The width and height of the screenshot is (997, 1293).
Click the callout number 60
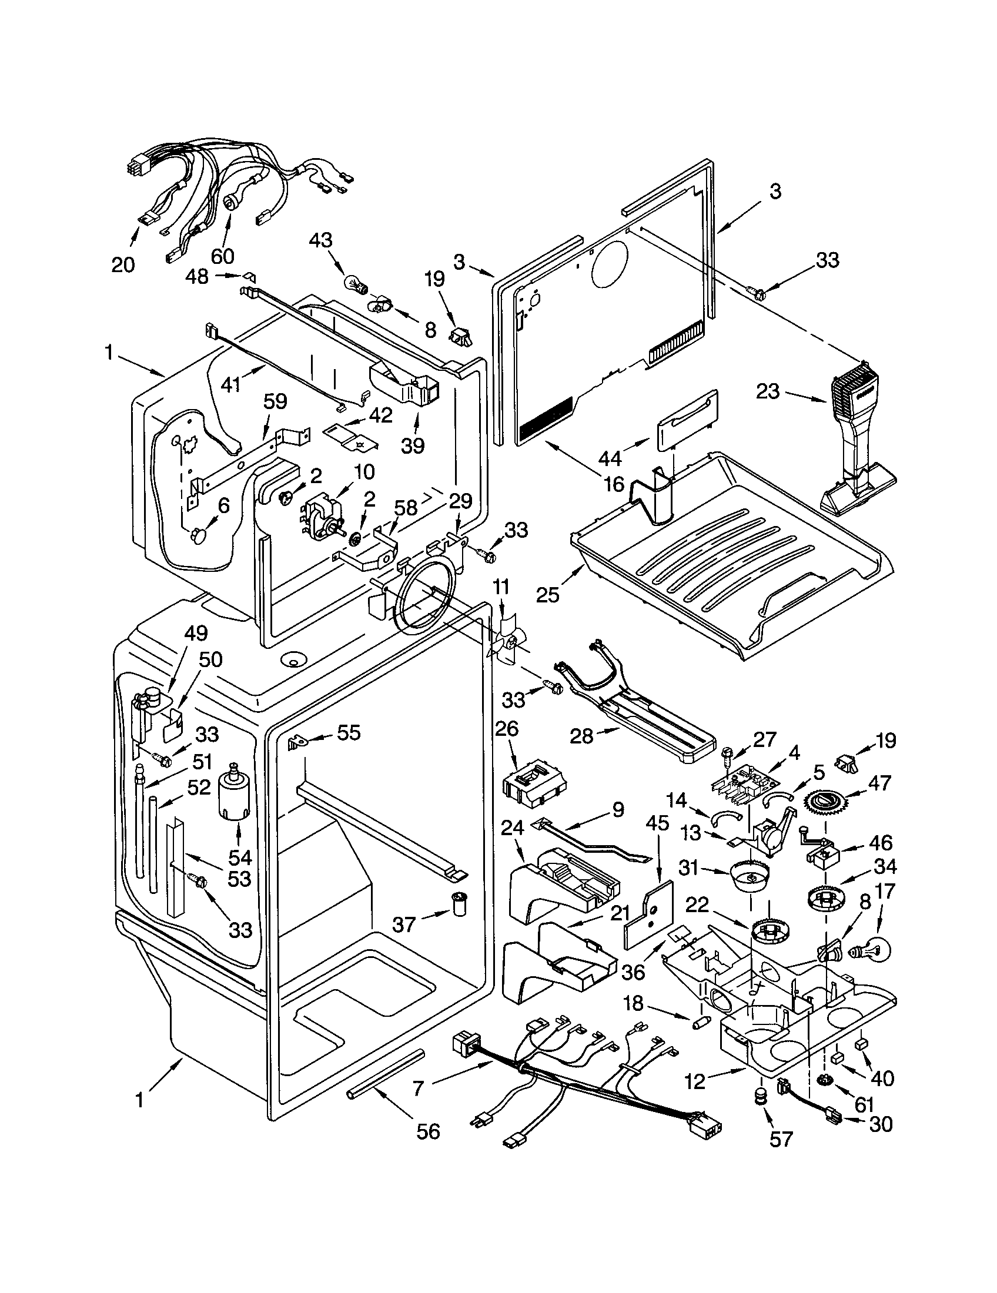click(222, 256)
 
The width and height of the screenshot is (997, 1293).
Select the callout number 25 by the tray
click(548, 594)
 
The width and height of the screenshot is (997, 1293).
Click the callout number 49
click(196, 634)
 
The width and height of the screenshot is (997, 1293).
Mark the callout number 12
click(696, 1081)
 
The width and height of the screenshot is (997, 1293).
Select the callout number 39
click(413, 445)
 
